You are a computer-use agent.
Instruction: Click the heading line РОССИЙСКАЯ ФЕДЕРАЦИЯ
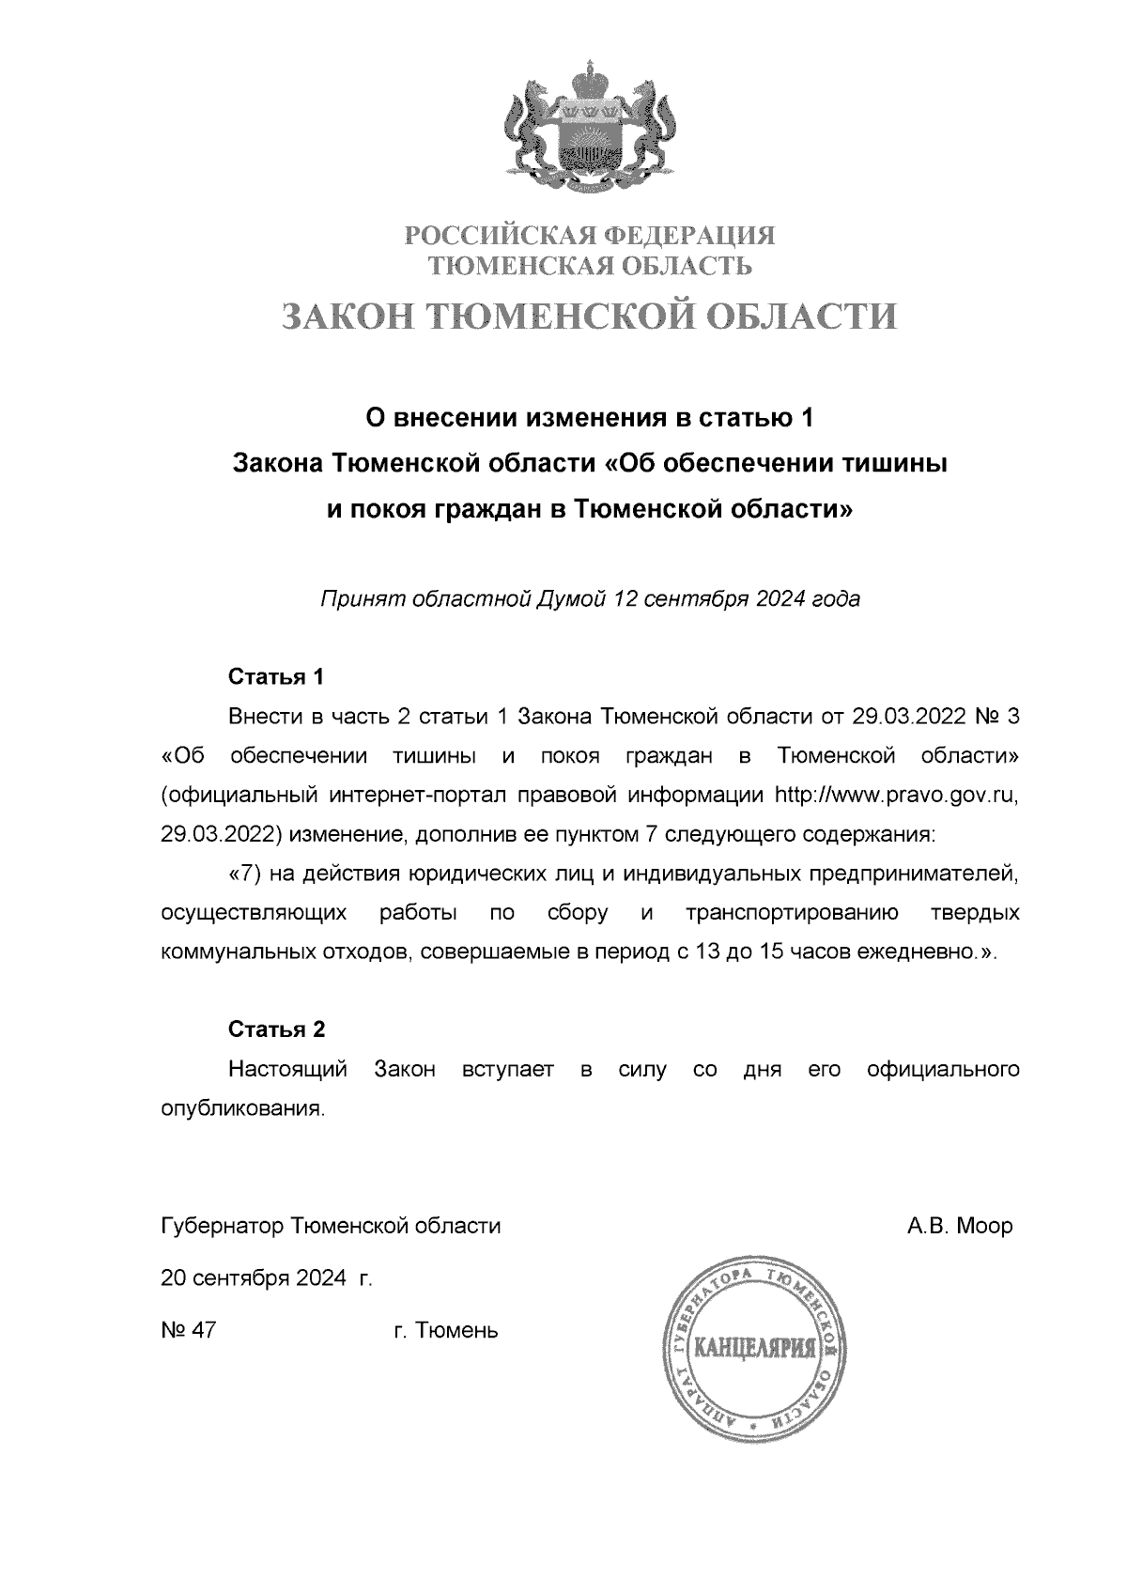(590, 234)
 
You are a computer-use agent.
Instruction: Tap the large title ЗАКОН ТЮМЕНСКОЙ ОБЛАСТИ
(590, 317)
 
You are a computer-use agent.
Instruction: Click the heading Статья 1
(277, 676)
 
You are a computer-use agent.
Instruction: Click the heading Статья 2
(277, 1029)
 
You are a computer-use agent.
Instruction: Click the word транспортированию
(793, 913)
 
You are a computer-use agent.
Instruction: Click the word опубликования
(242, 1108)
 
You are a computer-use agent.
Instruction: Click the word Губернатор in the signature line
(224, 1226)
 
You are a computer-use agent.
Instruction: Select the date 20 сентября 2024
(256, 1278)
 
